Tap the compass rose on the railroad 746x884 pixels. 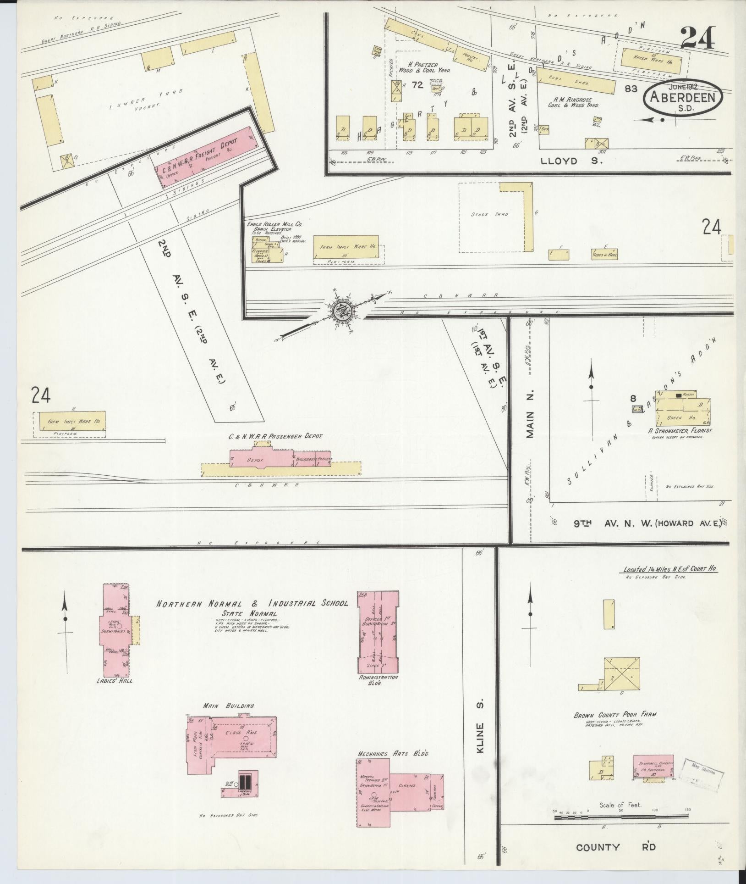click(x=341, y=311)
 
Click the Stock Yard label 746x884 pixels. click(x=489, y=214)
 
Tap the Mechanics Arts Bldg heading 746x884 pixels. click(x=395, y=754)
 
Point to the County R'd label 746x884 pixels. click(x=615, y=847)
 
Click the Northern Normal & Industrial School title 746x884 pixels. click(x=252, y=604)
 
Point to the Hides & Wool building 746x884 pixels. click(x=604, y=254)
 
